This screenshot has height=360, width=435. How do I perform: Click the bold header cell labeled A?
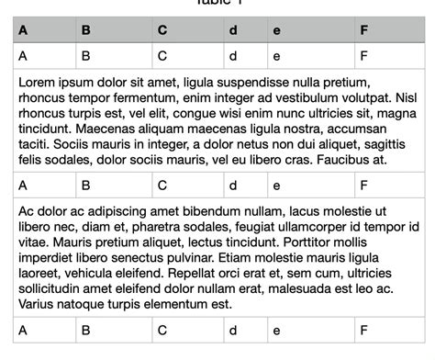23,30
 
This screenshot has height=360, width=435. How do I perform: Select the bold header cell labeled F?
364,30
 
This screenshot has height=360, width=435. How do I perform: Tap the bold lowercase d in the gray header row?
233,30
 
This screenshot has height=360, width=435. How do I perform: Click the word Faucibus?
347,159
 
